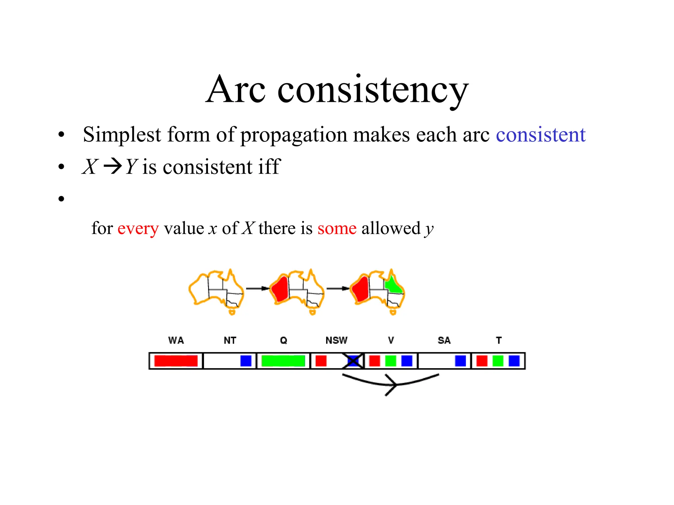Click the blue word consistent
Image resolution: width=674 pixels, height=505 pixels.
[540, 135]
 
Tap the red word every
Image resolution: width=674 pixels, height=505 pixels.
[138, 228]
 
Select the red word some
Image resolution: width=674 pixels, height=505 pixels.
[337, 228]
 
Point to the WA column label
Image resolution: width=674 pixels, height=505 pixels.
[176, 340]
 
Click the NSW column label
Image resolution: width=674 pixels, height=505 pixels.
[336, 340]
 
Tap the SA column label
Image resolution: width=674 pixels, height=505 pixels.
[444, 340]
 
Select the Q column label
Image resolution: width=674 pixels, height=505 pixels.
[283, 340]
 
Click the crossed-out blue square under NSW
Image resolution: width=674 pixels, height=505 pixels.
[353, 361]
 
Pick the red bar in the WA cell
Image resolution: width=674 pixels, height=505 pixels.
[176, 361]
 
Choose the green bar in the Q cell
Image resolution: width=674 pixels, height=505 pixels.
[283, 361]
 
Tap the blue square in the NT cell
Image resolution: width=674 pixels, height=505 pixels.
[246, 361]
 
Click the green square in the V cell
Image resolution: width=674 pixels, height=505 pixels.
[391, 361]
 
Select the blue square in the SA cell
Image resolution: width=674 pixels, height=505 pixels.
[460, 361]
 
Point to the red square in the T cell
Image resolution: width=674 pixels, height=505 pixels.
[482, 361]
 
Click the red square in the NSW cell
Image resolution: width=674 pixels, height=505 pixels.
[321, 361]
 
